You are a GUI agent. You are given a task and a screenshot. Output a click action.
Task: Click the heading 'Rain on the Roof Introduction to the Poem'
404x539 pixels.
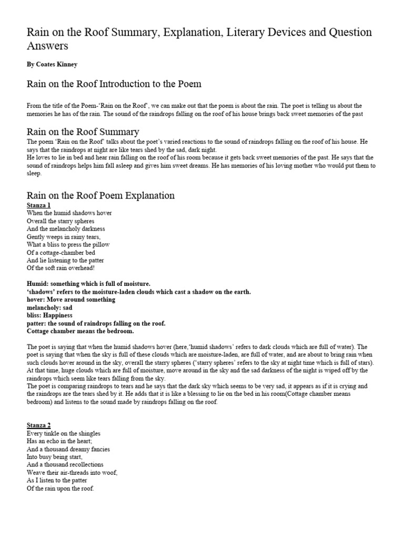click(x=114, y=84)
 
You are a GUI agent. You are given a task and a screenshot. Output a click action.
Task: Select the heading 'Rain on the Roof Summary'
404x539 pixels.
click(x=83, y=132)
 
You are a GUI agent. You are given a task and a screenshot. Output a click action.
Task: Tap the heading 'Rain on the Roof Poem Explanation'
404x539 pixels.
click(x=100, y=195)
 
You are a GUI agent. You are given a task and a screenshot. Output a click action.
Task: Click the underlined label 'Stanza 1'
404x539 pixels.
click(x=38, y=205)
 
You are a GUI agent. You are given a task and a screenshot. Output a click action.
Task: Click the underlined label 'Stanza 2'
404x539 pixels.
click(x=38, y=425)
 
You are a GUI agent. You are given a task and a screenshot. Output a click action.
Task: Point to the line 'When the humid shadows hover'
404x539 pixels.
click(x=69, y=213)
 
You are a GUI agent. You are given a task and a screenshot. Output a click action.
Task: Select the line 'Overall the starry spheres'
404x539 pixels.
click(x=60, y=221)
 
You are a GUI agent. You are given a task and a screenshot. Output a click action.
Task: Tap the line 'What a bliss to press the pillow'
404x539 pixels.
click(x=68, y=245)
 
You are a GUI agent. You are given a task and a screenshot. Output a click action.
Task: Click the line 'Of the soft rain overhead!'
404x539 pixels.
click(x=60, y=268)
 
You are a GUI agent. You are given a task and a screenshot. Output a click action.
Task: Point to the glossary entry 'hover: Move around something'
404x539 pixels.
click(x=70, y=300)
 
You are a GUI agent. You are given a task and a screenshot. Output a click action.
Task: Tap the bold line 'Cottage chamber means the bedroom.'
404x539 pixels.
click(x=80, y=331)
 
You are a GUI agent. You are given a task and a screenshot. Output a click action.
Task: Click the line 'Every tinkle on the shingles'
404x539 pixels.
click(x=63, y=433)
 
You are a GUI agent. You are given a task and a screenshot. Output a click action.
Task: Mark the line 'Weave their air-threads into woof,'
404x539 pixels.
click(x=72, y=473)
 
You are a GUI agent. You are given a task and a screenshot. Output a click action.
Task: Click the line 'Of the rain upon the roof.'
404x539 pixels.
click(x=59, y=488)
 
